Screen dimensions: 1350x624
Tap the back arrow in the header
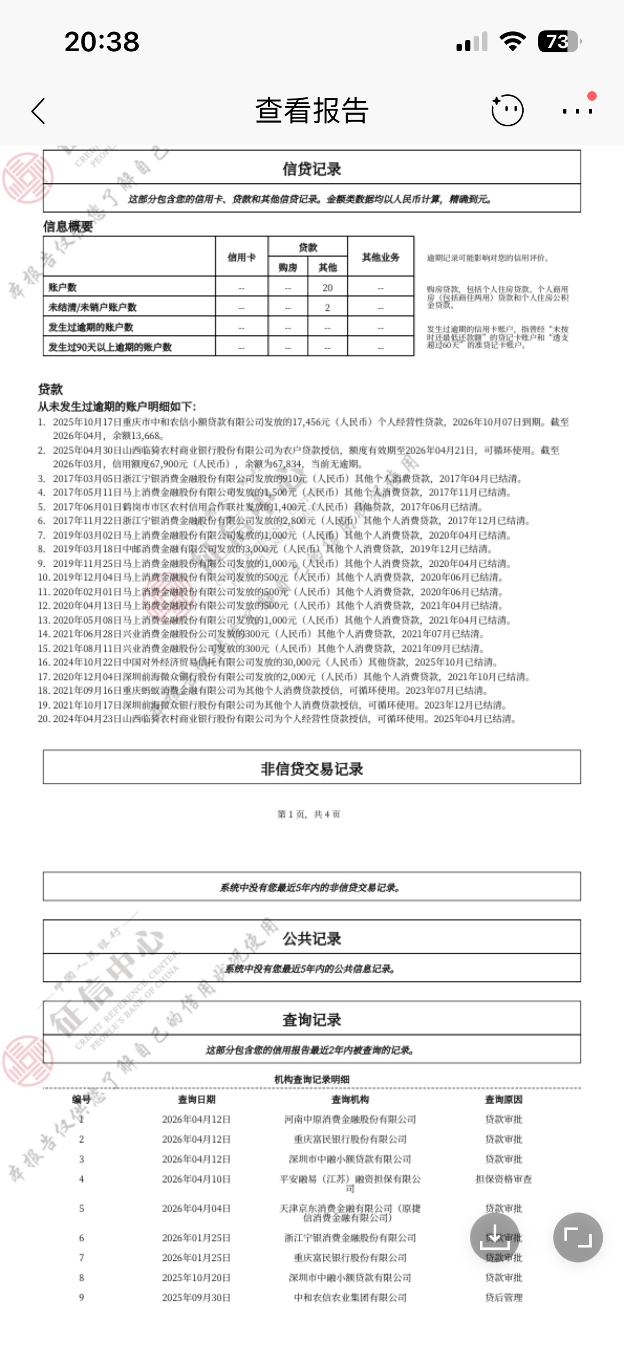point(38,111)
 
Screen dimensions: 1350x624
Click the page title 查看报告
point(312,111)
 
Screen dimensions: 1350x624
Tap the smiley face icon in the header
point(507,110)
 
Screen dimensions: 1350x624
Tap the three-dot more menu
point(578,111)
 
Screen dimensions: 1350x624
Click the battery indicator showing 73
point(558,42)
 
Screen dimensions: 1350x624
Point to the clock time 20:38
point(102,42)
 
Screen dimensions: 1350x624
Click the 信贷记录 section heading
point(312,169)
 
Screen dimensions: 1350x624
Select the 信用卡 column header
point(242,257)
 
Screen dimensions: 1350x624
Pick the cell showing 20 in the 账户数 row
point(327,287)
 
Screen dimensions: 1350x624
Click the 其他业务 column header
point(381,257)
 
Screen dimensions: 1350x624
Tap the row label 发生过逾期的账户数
point(91,327)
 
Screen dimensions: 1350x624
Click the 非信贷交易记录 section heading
point(312,768)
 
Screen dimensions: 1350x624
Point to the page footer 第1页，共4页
point(309,814)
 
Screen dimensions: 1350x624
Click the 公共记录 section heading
point(312,938)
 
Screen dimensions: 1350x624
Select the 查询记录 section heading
point(312,1019)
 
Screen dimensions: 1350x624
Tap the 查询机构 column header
point(350,1099)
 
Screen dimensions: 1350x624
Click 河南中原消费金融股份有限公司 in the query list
point(350,1119)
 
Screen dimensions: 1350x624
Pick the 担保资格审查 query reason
point(504,1179)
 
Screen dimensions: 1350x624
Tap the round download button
point(494,1237)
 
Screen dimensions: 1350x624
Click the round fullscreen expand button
point(578,1237)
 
